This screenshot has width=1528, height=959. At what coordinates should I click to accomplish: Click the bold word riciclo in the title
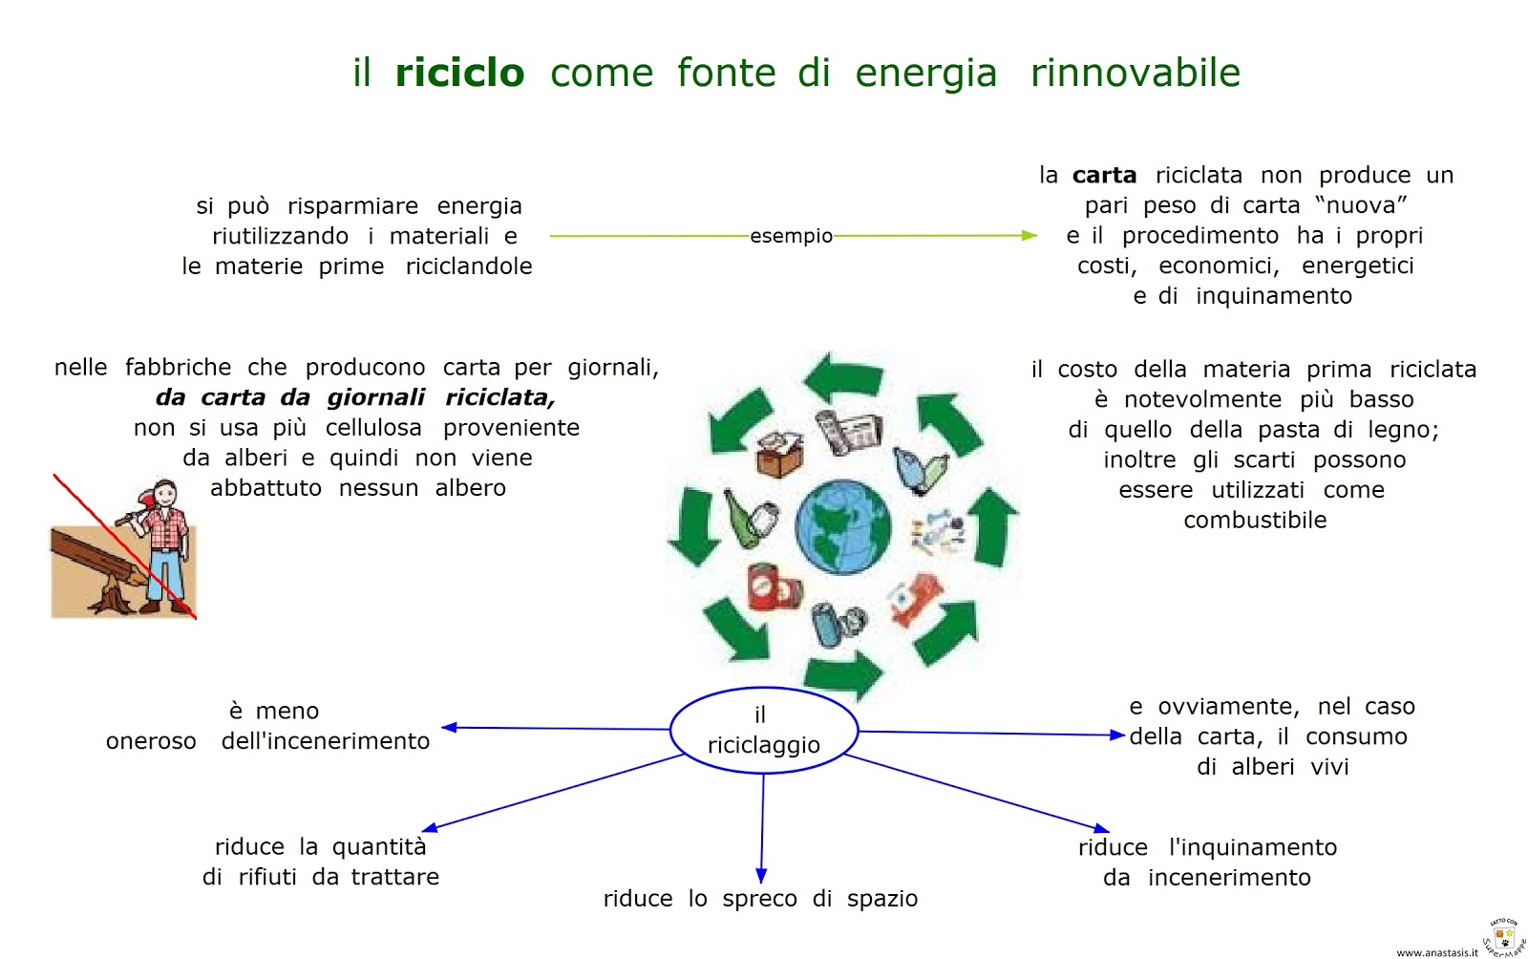(x=459, y=73)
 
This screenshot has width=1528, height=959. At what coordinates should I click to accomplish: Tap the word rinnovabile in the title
(x=1135, y=73)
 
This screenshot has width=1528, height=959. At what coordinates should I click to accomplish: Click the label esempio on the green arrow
(x=791, y=236)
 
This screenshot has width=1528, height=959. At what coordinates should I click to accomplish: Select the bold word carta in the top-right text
(x=1104, y=176)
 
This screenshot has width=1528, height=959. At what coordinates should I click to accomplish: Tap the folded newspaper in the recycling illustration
(x=848, y=432)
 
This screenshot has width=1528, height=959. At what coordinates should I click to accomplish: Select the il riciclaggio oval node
(x=763, y=731)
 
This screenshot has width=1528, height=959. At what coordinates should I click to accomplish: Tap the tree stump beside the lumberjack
(x=113, y=597)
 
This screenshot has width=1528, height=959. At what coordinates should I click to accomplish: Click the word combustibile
(x=1255, y=521)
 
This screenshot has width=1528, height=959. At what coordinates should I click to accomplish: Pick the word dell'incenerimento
(x=325, y=741)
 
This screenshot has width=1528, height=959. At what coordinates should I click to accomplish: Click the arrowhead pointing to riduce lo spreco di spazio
(x=761, y=875)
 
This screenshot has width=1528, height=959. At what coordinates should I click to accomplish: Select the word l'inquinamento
(x=1252, y=848)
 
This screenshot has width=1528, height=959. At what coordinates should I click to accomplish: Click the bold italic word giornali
(x=375, y=397)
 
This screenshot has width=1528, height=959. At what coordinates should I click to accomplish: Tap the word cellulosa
(x=373, y=428)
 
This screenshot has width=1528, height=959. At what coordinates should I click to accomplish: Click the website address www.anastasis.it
(x=1436, y=952)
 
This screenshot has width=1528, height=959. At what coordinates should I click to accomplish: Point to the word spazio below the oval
(x=881, y=899)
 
